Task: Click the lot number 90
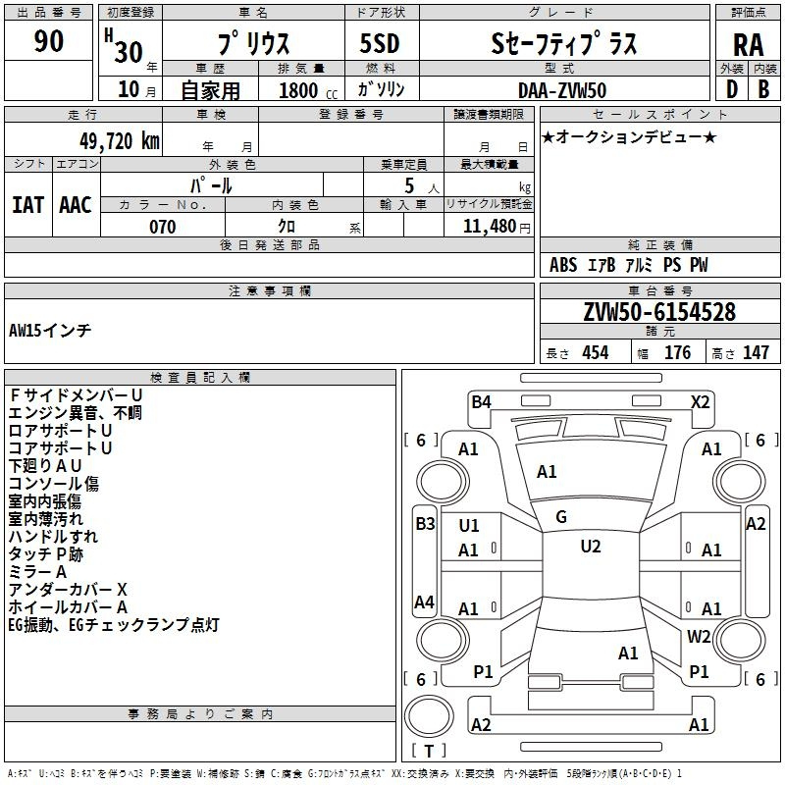point(48,41)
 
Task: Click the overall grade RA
point(748,45)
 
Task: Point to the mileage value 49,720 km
point(119,141)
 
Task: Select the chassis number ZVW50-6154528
point(659,312)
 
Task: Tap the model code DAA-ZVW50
point(562,90)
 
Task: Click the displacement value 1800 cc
point(308,90)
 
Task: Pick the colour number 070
point(163,227)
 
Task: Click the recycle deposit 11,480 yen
point(497,227)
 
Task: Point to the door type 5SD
point(380,43)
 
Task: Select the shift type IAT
point(28,205)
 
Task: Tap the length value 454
point(596,352)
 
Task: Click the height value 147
point(756,352)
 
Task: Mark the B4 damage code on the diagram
point(481,402)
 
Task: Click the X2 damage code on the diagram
point(700,402)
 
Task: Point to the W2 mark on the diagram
point(699,636)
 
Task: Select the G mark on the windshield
point(561,517)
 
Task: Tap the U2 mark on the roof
point(591,547)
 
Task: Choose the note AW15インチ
point(50,331)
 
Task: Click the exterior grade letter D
point(732,89)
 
